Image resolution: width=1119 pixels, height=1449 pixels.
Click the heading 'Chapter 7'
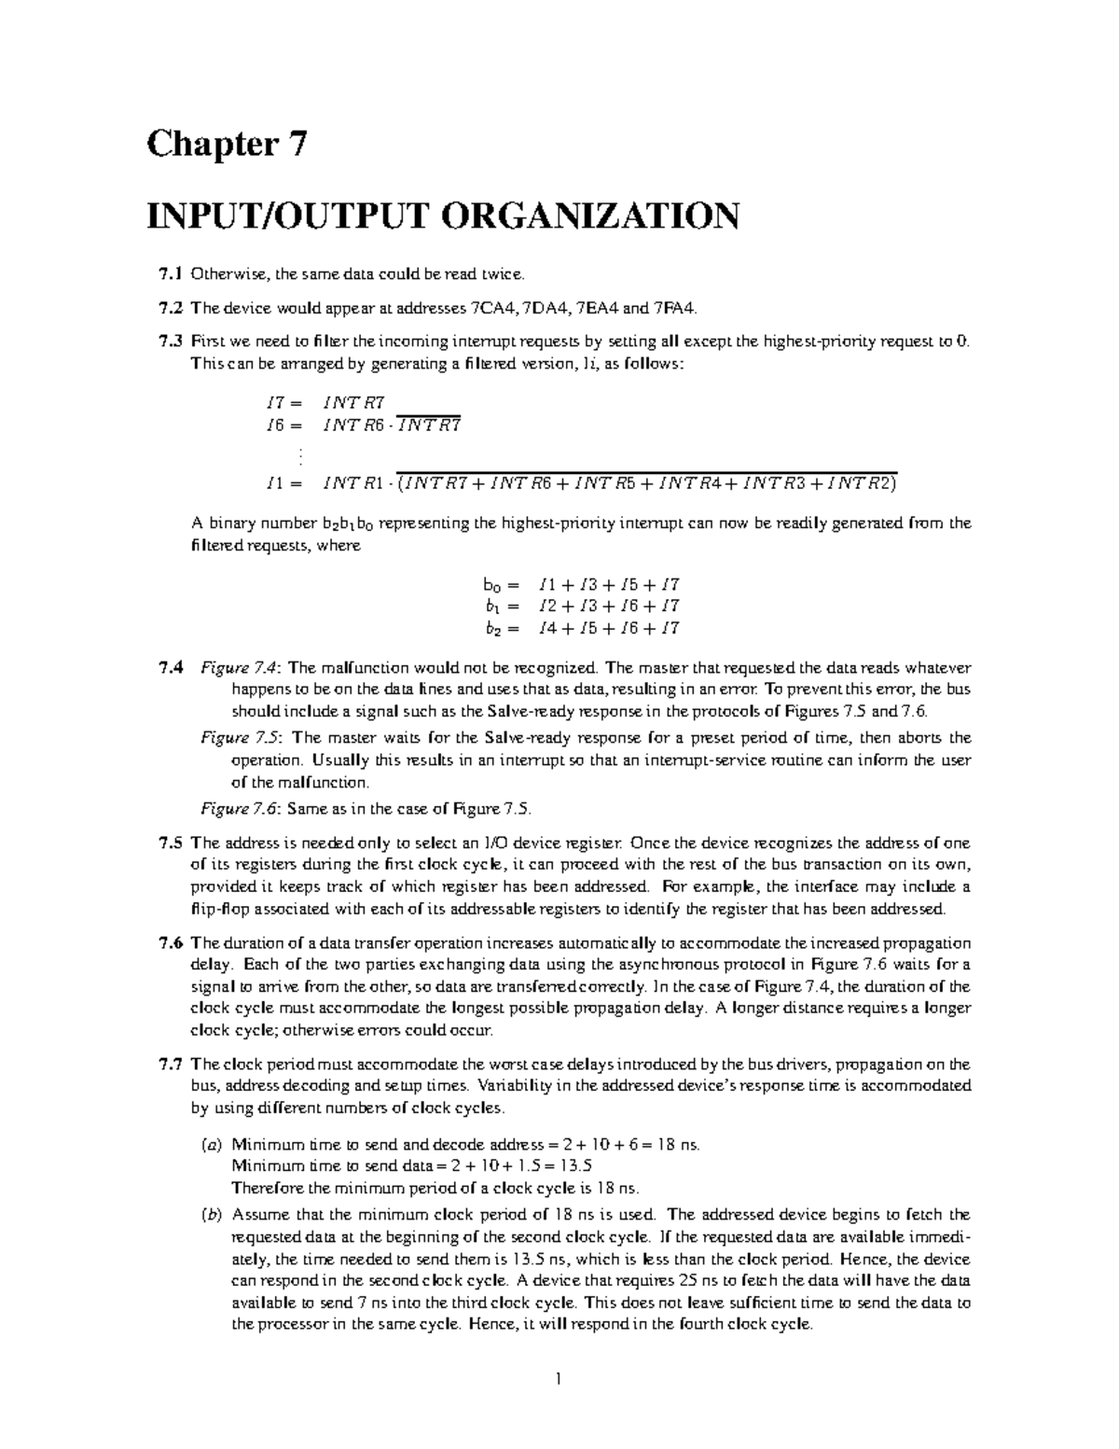(226, 146)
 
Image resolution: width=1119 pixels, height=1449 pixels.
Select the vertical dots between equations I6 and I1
(300, 456)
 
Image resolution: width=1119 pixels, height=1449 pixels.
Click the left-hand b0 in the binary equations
(492, 586)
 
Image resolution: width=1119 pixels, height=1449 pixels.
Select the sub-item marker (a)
(212, 1144)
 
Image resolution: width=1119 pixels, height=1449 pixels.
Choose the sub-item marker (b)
(212, 1215)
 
